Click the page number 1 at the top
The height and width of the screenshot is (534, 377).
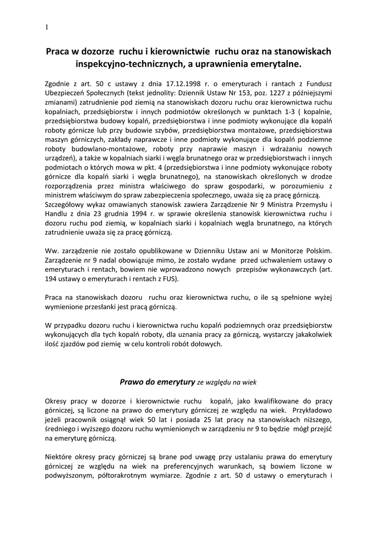(46, 28)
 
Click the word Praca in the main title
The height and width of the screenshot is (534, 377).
(58, 52)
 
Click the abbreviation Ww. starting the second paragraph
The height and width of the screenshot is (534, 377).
(52, 252)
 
